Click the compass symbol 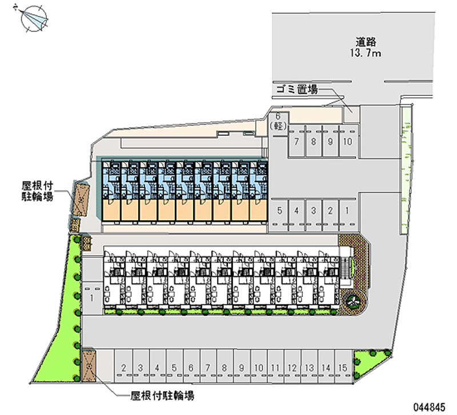34,18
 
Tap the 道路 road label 366,42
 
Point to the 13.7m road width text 366,53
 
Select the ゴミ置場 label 297,89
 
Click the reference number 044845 430,407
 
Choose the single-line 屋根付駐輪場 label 162,396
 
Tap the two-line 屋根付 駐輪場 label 37,191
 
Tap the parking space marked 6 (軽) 278,121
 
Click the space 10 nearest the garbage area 347,142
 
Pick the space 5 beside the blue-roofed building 279,211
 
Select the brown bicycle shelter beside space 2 89,365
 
